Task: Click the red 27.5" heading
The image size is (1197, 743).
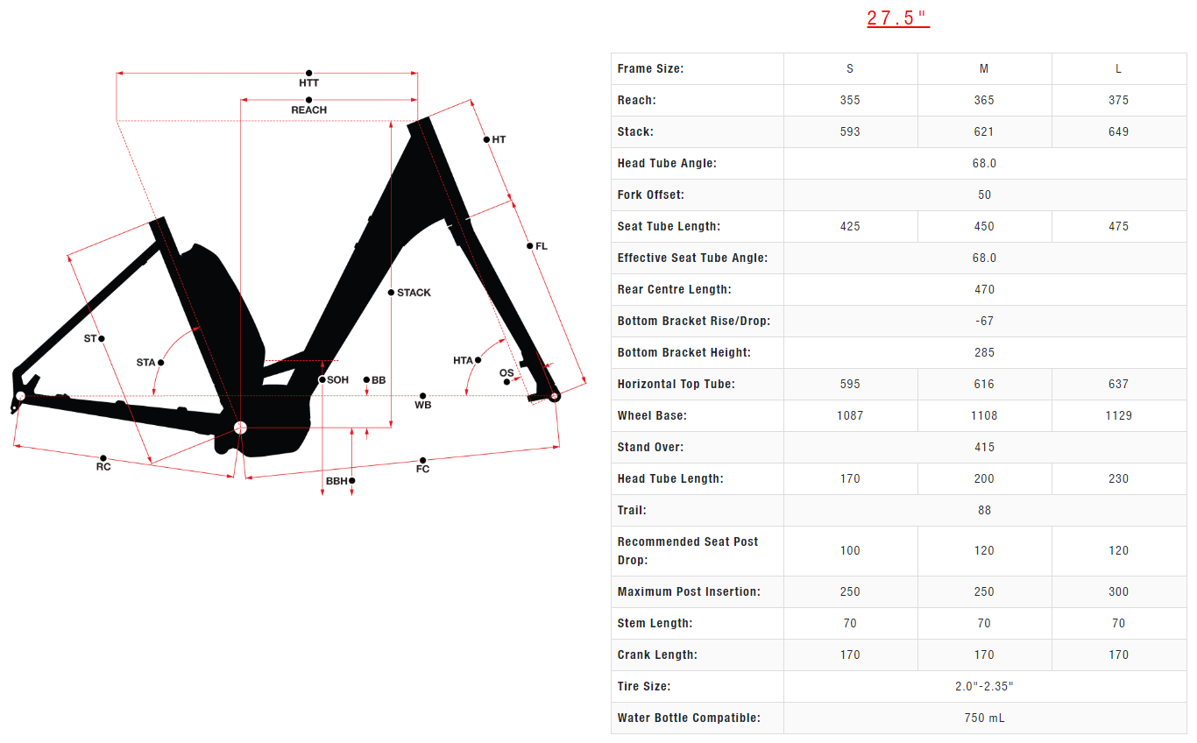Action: [897, 18]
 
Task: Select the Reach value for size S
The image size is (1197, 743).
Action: [850, 100]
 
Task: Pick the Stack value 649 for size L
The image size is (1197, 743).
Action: [1118, 131]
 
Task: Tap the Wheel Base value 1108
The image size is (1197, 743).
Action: [984, 415]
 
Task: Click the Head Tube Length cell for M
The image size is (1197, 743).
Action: [984, 478]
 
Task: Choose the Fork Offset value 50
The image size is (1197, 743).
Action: [984, 195]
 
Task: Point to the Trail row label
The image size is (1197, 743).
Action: [632, 510]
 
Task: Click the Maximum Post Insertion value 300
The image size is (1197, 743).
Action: [1118, 591]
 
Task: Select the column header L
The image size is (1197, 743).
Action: [1118, 68]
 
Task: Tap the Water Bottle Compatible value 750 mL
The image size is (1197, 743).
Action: [984, 718]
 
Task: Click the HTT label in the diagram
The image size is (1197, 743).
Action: [308, 83]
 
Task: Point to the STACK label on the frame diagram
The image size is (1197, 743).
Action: [414, 293]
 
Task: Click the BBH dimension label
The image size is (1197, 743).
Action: [336, 481]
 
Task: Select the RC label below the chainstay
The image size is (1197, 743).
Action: [103, 467]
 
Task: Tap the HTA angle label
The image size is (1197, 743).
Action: [463, 361]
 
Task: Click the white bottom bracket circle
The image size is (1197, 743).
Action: [240, 428]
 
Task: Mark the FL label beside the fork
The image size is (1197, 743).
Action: [541, 246]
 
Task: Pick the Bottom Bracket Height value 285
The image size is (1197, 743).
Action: [984, 352]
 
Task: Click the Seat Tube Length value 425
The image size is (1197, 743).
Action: [850, 226]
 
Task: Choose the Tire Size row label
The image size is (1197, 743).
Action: [644, 686]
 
